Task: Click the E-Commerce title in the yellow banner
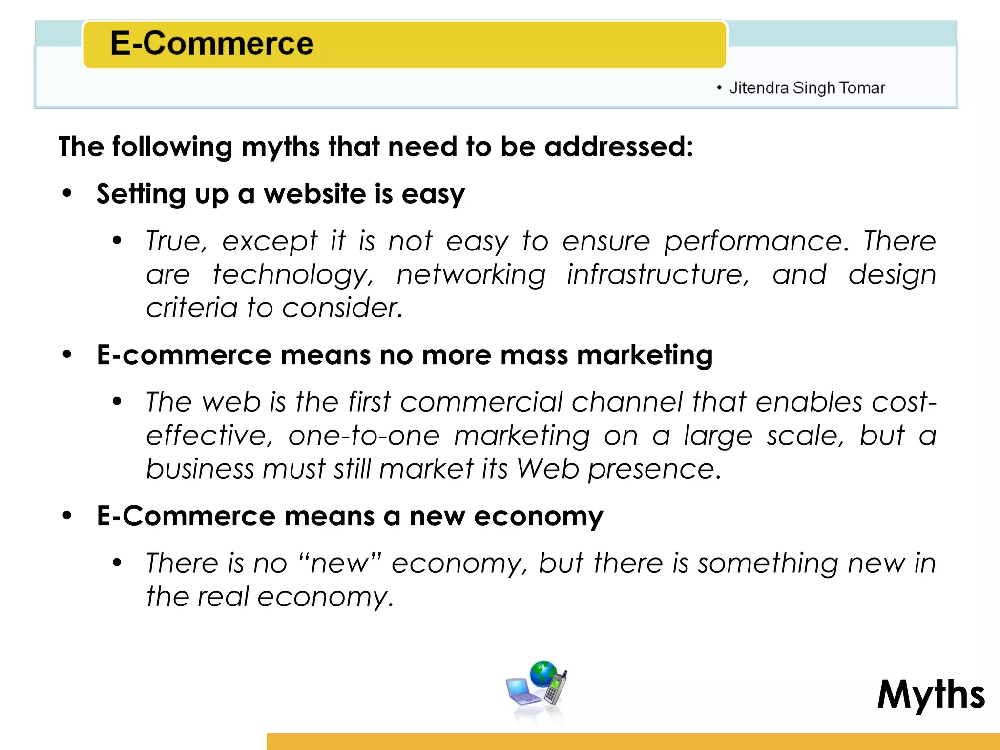point(211,43)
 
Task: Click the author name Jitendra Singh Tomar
point(807,88)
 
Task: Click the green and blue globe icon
point(543,674)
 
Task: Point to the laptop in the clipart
point(523,692)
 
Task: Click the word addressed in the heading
point(618,146)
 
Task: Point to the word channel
point(627,402)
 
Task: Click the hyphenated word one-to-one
point(364,436)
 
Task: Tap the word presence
point(653,469)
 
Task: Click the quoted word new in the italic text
point(340,563)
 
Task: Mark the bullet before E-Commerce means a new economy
point(67,515)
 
